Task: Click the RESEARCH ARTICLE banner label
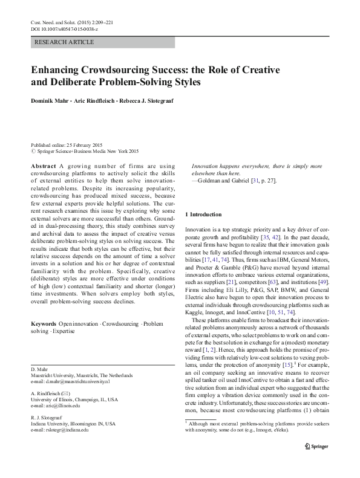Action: pos(65,42)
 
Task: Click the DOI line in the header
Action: pos(64,28)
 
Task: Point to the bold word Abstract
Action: pos(44,166)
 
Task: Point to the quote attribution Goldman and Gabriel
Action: pos(226,181)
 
